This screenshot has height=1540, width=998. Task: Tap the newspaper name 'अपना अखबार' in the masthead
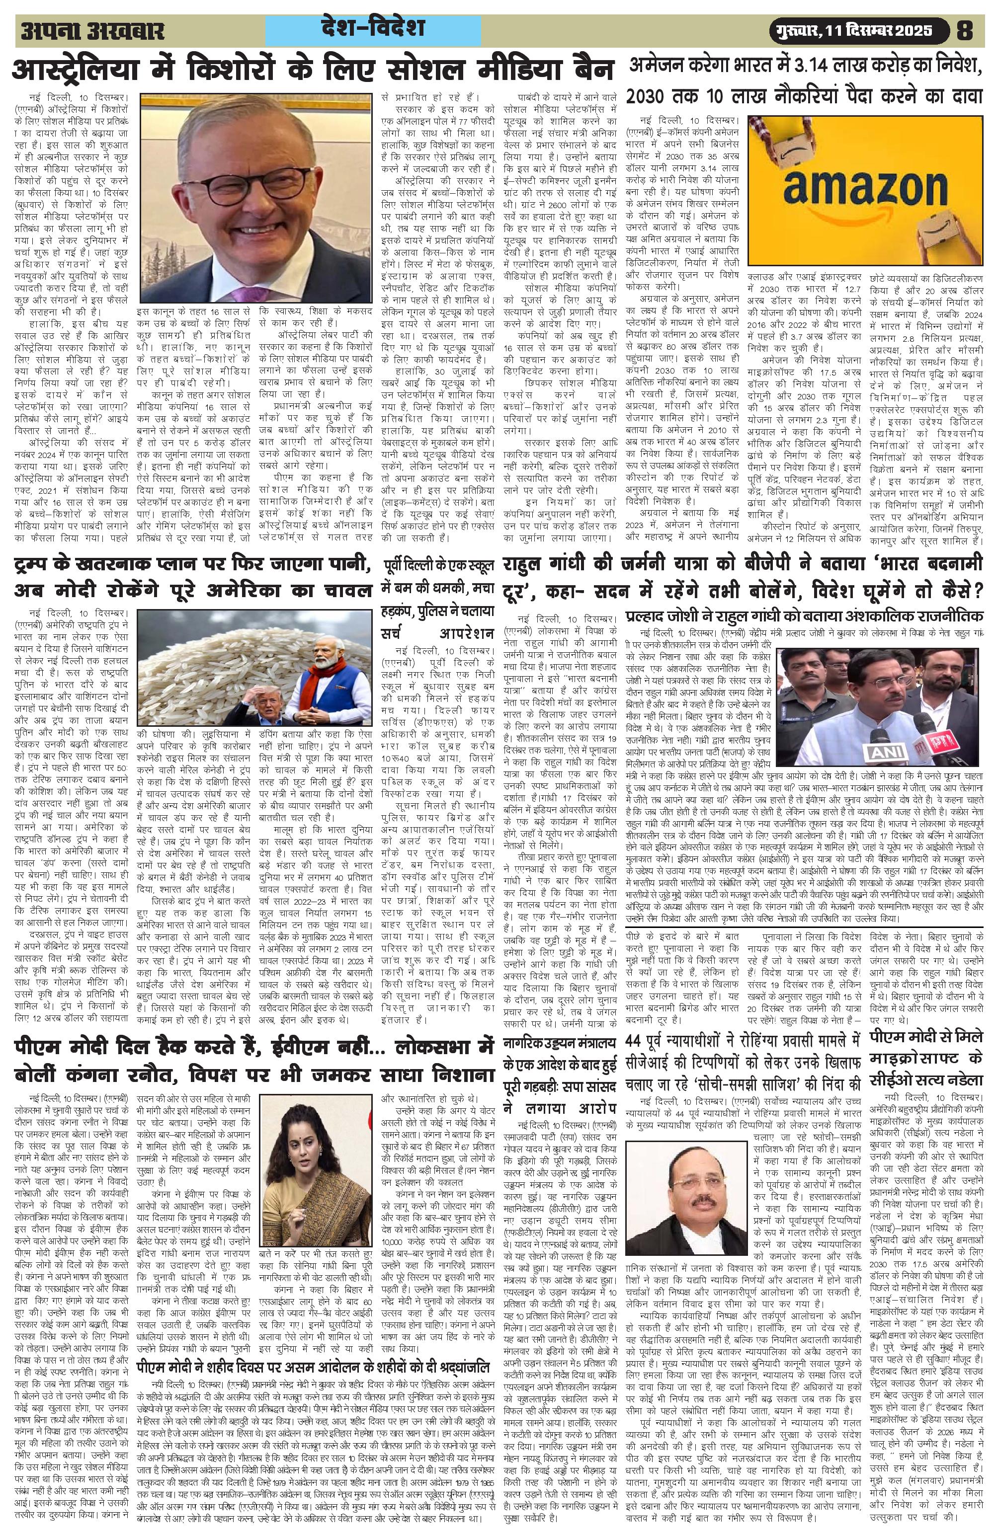point(92,31)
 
